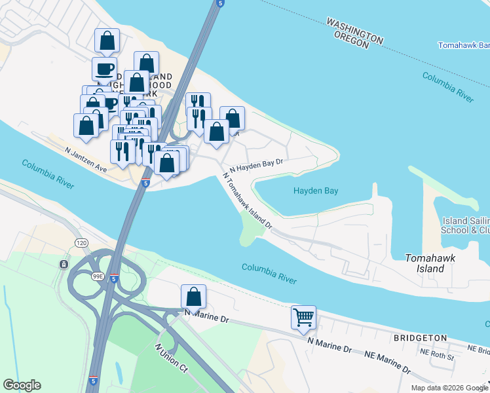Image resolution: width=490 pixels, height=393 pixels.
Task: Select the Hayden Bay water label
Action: click(x=316, y=191)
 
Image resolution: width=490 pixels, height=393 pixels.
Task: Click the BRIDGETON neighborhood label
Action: click(x=419, y=338)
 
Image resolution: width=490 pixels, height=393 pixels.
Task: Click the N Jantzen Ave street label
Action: click(x=85, y=159)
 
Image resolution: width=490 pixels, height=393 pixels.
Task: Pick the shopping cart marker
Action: click(x=303, y=318)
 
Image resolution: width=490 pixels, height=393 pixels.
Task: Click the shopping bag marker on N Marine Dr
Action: click(x=194, y=297)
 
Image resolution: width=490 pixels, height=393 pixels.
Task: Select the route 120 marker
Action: click(x=81, y=242)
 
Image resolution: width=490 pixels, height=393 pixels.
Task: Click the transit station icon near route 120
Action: click(x=63, y=264)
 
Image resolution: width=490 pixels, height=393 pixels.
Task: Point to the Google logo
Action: click(x=22, y=385)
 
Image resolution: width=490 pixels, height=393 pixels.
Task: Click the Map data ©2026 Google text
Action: click(x=449, y=388)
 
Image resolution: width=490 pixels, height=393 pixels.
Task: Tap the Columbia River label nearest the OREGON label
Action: click(x=447, y=86)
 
